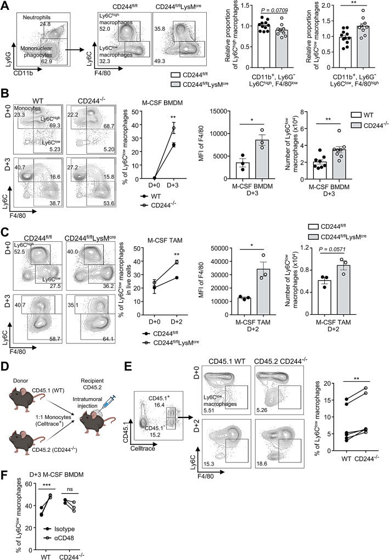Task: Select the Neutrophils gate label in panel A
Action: (37, 18)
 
